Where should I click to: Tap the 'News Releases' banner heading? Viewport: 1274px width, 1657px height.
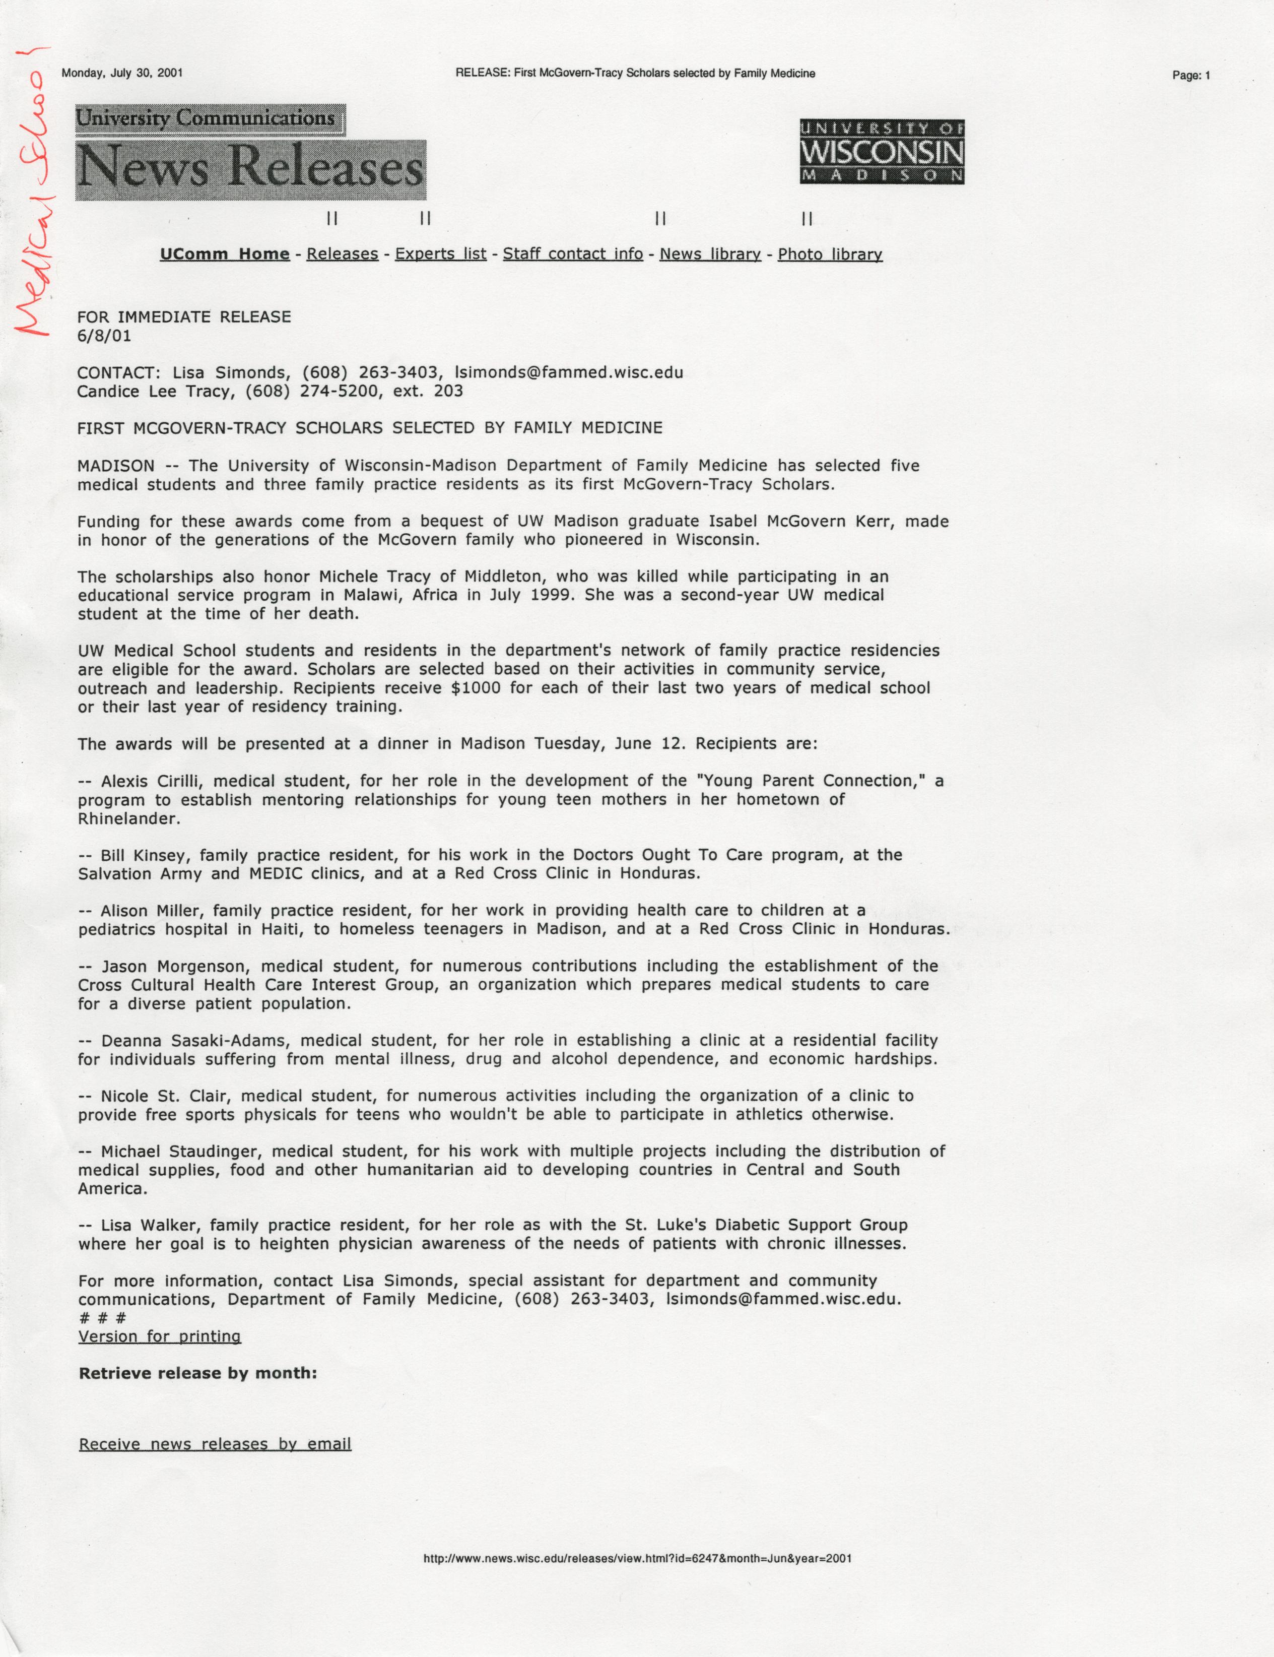tap(250, 168)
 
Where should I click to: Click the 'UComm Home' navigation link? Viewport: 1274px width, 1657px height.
tap(225, 254)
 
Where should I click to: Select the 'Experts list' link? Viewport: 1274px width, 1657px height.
tap(441, 254)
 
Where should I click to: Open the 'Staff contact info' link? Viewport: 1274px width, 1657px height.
tap(573, 254)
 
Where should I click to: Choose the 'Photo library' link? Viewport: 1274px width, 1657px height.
tap(830, 254)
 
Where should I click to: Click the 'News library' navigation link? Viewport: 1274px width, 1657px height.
tap(710, 254)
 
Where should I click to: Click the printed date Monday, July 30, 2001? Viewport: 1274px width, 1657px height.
tap(122, 74)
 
